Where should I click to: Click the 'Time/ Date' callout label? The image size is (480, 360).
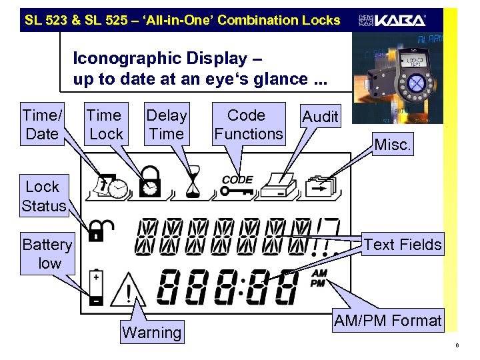point(41,125)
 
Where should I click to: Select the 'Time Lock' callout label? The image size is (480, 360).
point(105,125)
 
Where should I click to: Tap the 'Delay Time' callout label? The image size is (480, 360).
point(167,125)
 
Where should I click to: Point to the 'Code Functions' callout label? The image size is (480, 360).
point(248,125)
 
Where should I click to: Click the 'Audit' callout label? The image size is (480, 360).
point(320,117)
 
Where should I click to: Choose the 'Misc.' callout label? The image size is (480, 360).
point(393,145)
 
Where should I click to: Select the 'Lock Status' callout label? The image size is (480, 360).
point(43,196)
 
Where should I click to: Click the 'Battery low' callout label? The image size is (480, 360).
point(47,254)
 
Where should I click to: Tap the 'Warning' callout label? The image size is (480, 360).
point(152,332)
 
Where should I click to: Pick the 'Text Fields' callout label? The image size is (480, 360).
point(403,245)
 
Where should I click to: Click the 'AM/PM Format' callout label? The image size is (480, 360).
point(387,321)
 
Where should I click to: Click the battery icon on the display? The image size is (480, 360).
point(97,287)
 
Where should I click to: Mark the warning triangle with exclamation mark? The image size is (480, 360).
point(125,290)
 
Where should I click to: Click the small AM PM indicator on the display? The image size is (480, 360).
point(319,278)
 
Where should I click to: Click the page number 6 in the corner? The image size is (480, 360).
point(457,345)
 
